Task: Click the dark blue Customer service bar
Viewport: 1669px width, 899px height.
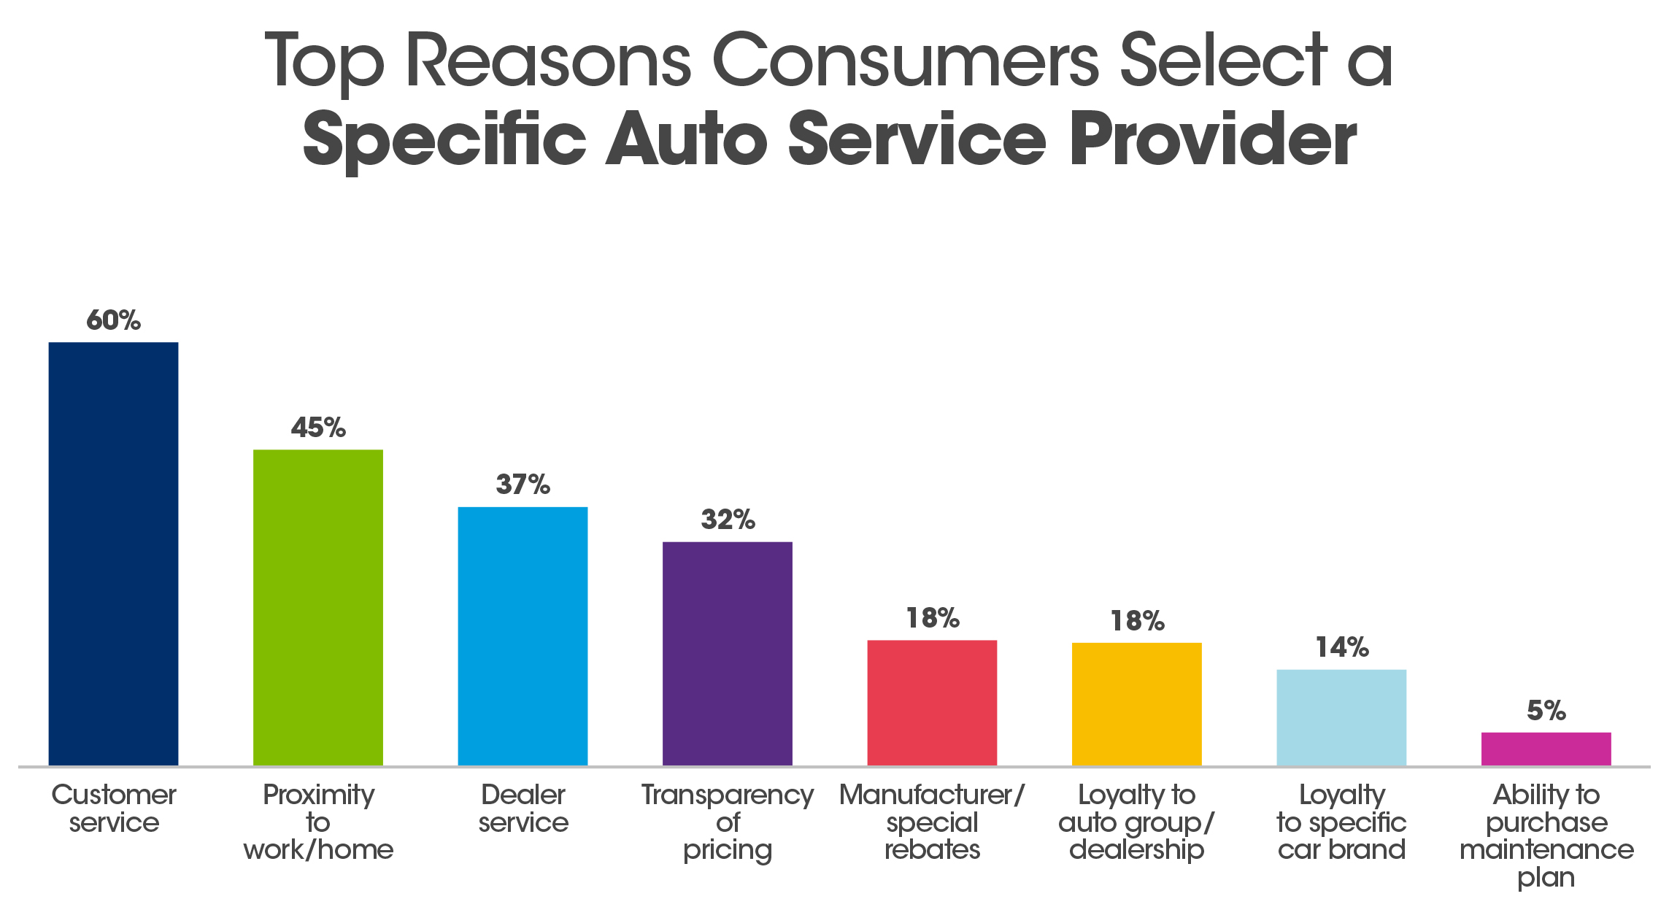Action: (x=113, y=555)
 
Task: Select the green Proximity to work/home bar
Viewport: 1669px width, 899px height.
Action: (x=318, y=607)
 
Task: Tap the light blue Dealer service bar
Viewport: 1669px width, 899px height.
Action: (x=523, y=636)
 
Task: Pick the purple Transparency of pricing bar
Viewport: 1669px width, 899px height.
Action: (x=727, y=654)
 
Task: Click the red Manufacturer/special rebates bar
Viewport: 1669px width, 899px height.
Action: (x=932, y=703)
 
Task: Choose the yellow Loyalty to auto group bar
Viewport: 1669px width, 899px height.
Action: (x=1136, y=704)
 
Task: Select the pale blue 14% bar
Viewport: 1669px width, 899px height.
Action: (x=1341, y=717)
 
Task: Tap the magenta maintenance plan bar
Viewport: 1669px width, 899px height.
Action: (x=1546, y=749)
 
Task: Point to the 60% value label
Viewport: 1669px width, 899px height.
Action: (x=113, y=320)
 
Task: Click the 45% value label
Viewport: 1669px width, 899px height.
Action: (x=318, y=428)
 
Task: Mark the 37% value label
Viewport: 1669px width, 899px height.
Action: (x=523, y=485)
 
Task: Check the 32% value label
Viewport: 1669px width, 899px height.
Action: (x=728, y=520)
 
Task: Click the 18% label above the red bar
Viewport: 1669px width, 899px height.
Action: (x=932, y=618)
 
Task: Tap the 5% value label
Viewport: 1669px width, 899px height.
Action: (x=1546, y=710)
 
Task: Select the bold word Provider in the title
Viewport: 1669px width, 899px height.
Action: (x=1213, y=139)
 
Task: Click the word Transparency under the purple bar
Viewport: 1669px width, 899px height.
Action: (x=727, y=795)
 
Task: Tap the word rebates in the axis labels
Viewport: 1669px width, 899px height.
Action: (x=932, y=849)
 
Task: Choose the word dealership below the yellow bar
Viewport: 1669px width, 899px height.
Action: (x=1136, y=850)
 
